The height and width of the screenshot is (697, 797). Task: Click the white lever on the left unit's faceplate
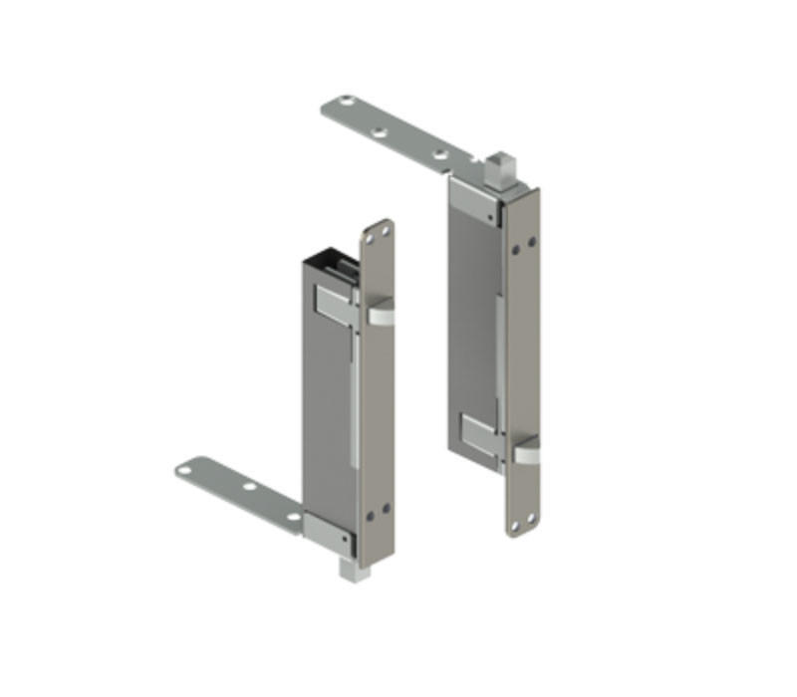point(381,317)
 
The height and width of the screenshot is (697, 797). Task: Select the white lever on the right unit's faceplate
point(526,454)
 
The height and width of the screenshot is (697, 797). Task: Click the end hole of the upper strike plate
point(346,102)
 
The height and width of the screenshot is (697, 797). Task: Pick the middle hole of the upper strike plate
point(379,130)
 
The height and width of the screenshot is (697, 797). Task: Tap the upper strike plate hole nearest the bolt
point(438,155)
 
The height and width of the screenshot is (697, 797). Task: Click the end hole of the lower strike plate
point(186,468)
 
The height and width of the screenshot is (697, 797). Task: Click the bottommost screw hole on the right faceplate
point(528,518)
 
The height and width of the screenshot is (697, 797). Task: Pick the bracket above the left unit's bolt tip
point(329,533)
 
